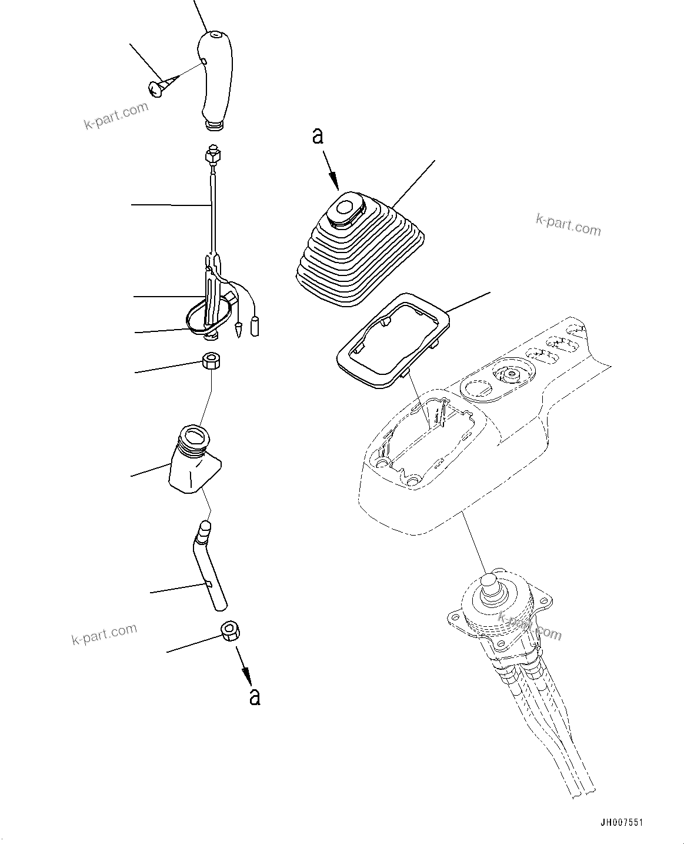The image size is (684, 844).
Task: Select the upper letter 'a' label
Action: point(318,136)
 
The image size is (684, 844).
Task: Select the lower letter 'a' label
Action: point(254,696)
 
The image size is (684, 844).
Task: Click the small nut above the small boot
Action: point(211,361)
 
